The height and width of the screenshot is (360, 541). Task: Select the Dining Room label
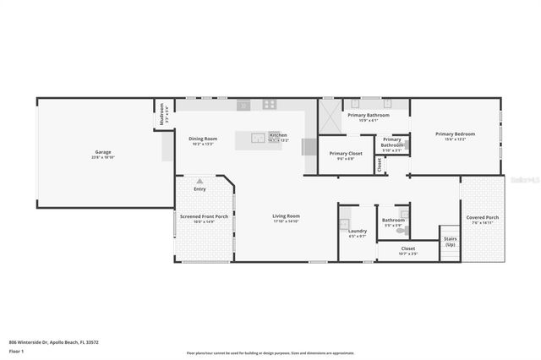click(x=202, y=139)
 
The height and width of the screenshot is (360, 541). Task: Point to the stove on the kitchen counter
click(x=270, y=105)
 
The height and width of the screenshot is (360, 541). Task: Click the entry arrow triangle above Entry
click(x=199, y=181)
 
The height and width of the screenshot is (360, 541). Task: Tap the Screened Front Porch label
click(x=204, y=216)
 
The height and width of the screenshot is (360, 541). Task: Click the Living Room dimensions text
click(x=286, y=221)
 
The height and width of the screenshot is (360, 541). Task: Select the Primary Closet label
click(x=345, y=154)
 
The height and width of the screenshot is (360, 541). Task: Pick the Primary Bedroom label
click(x=455, y=134)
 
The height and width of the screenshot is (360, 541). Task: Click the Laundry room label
click(x=357, y=231)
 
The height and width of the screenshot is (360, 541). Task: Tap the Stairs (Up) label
click(x=450, y=241)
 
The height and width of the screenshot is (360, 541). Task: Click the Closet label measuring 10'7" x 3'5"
click(x=407, y=248)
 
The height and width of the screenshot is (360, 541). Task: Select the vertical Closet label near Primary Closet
click(x=380, y=165)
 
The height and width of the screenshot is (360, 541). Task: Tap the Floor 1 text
click(x=16, y=350)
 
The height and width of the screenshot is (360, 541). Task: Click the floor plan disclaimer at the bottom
click(x=270, y=353)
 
